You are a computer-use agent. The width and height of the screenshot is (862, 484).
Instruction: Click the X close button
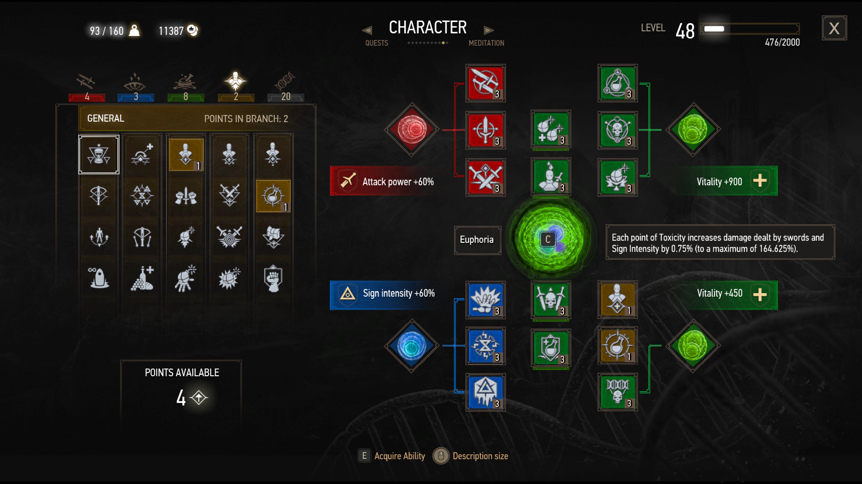pyautogui.click(x=834, y=28)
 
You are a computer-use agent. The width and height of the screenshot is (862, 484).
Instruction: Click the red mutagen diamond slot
pyautogui.click(x=411, y=129)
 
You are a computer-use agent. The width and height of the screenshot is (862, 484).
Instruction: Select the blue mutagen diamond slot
pyautogui.click(x=411, y=345)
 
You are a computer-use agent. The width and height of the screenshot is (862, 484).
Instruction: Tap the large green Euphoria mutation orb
pyautogui.click(x=550, y=239)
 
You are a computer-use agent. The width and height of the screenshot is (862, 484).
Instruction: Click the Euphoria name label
pyautogui.click(x=477, y=240)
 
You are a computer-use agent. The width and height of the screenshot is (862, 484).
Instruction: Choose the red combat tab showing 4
pyautogui.click(x=87, y=87)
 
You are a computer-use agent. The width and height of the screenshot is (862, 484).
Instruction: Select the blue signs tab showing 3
pyautogui.click(x=136, y=87)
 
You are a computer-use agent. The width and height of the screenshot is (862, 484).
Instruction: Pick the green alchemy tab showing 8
pyautogui.click(x=185, y=87)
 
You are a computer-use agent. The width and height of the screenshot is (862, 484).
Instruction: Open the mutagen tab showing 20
pyautogui.click(x=286, y=87)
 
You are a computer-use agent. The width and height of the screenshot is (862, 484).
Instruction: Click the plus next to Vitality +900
pyautogui.click(x=760, y=181)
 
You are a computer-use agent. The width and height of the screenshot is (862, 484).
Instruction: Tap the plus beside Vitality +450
pyautogui.click(x=760, y=295)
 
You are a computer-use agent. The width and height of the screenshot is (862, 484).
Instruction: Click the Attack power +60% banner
pyautogui.click(x=385, y=181)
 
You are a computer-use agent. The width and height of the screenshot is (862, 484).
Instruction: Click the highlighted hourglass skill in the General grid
pyautogui.click(x=99, y=154)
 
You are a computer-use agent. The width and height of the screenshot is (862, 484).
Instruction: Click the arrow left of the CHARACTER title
pyautogui.click(x=367, y=30)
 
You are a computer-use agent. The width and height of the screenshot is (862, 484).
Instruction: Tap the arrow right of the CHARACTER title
pyautogui.click(x=489, y=30)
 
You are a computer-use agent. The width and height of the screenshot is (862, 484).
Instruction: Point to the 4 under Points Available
pyautogui.click(x=181, y=398)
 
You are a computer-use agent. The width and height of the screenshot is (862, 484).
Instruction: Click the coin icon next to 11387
pyautogui.click(x=193, y=30)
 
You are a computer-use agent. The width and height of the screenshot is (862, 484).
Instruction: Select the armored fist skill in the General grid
pyautogui.click(x=273, y=278)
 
